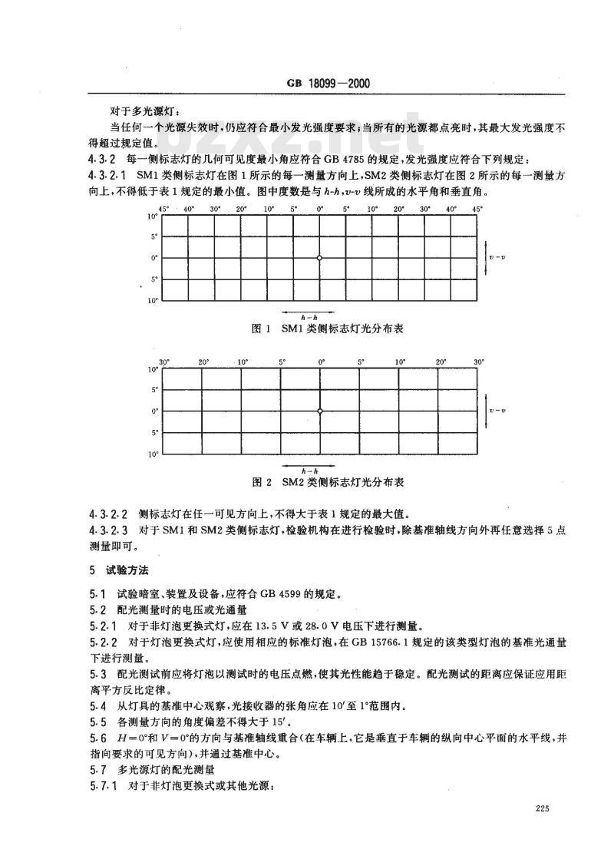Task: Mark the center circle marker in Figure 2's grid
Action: coord(320,411)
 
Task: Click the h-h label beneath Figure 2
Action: coord(305,469)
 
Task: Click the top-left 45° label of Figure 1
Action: coord(163,209)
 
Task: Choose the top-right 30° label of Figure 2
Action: coord(479,362)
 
